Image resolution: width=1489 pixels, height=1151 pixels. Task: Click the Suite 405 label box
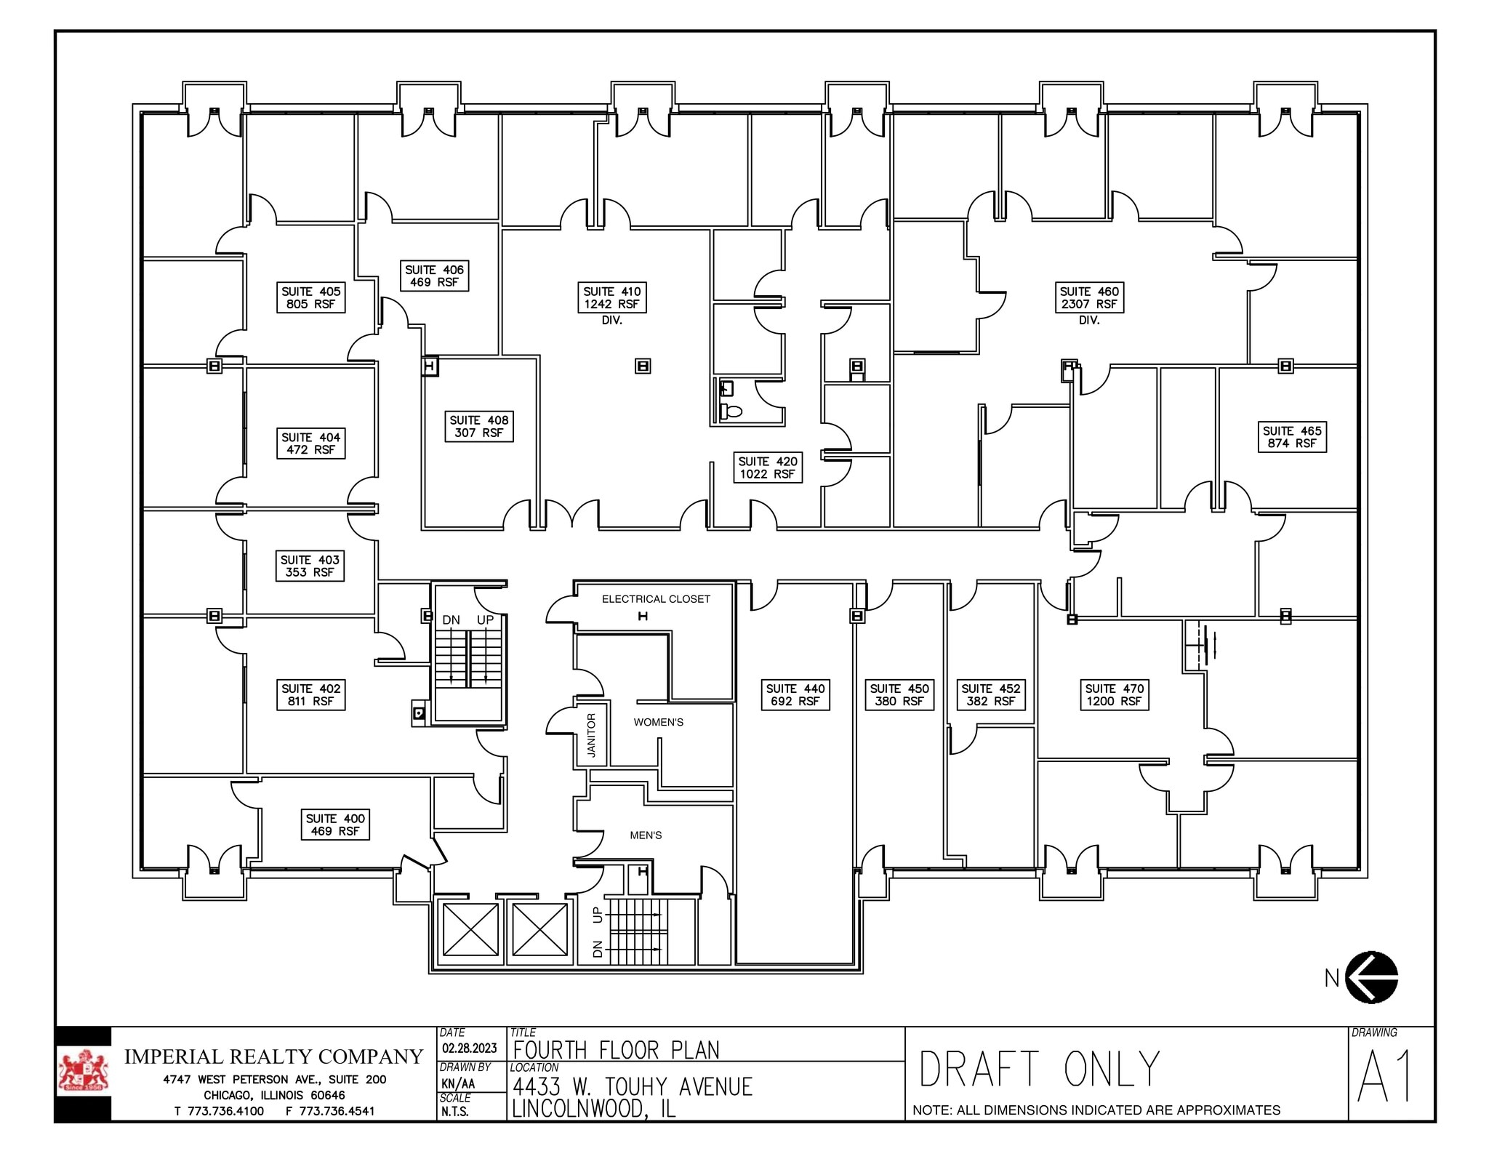(x=310, y=297)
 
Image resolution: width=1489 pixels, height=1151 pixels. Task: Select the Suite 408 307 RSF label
(x=479, y=426)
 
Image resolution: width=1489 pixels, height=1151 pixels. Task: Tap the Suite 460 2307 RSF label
(x=1089, y=297)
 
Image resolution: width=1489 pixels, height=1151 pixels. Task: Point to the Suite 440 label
(x=795, y=694)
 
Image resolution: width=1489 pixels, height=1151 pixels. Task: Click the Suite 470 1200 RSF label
(x=1114, y=694)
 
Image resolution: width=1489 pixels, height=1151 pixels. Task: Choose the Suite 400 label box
(x=335, y=825)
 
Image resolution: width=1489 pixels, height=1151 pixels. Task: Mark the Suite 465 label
(x=1292, y=436)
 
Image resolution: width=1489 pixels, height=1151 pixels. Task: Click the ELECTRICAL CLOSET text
(x=656, y=599)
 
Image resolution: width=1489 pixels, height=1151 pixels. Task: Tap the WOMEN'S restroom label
(x=658, y=722)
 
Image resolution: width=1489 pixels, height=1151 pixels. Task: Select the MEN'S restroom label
(x=646, y=835)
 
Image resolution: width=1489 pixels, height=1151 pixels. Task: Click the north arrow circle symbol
(x=1371, y=977)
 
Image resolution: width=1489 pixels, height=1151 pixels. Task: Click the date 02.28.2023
(x=470, y=1048)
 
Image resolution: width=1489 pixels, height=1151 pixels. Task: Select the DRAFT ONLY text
(x=1039, y=1069)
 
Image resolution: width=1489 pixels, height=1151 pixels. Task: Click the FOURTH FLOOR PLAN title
(x=616, y=1050)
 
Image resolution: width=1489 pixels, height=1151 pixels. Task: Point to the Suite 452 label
(x=990, y=694)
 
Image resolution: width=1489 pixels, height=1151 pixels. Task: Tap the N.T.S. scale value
(x=454, y=1111)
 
